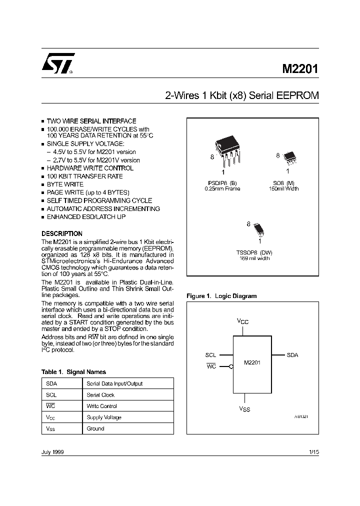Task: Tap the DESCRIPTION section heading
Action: coord(61,233)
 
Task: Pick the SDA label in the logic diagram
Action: coord(292,355)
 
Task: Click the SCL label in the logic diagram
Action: coord(210,355)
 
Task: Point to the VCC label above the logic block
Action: coord(242,322)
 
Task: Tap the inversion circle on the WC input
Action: coord(231,366)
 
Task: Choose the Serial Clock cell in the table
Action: coord(101,395)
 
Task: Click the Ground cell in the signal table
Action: coord(95,428)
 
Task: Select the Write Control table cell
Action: coord(101,406)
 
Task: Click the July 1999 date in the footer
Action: coord(52,452)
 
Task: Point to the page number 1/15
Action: coord(313,452)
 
